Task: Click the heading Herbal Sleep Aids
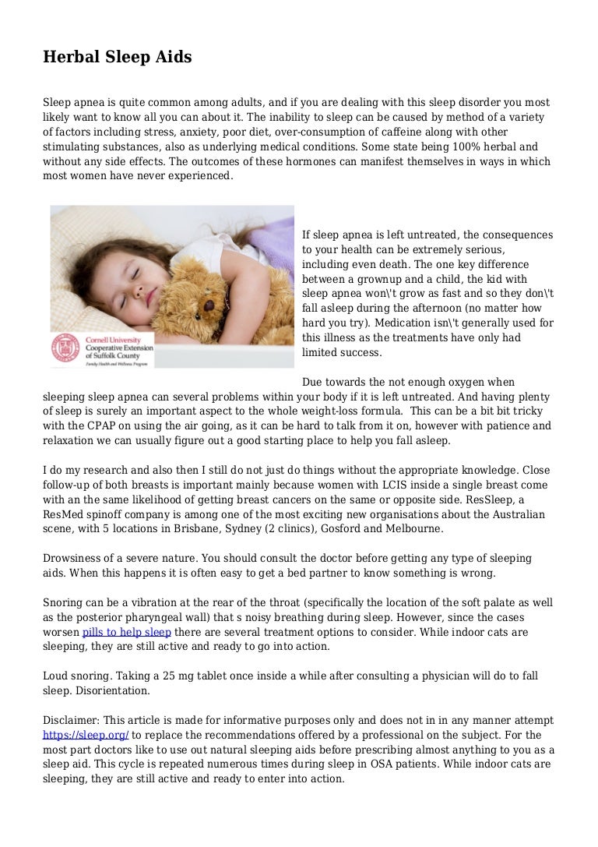pos(117,58)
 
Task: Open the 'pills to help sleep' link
pos(126,630)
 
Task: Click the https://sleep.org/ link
pos(86,735)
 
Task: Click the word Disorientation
pos(110,690)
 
